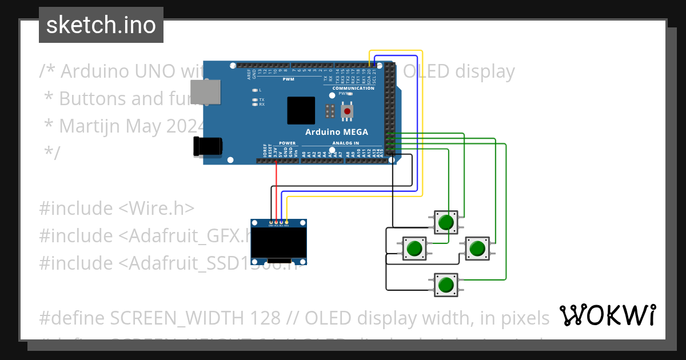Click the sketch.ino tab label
101,25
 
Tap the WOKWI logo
607,315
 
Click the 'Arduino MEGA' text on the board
336,132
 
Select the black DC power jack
207,147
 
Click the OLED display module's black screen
280,245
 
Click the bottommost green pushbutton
446,284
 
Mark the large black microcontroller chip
301,111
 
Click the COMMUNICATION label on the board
353,89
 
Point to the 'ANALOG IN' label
345,143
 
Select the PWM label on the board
288,79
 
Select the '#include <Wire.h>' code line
117,208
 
